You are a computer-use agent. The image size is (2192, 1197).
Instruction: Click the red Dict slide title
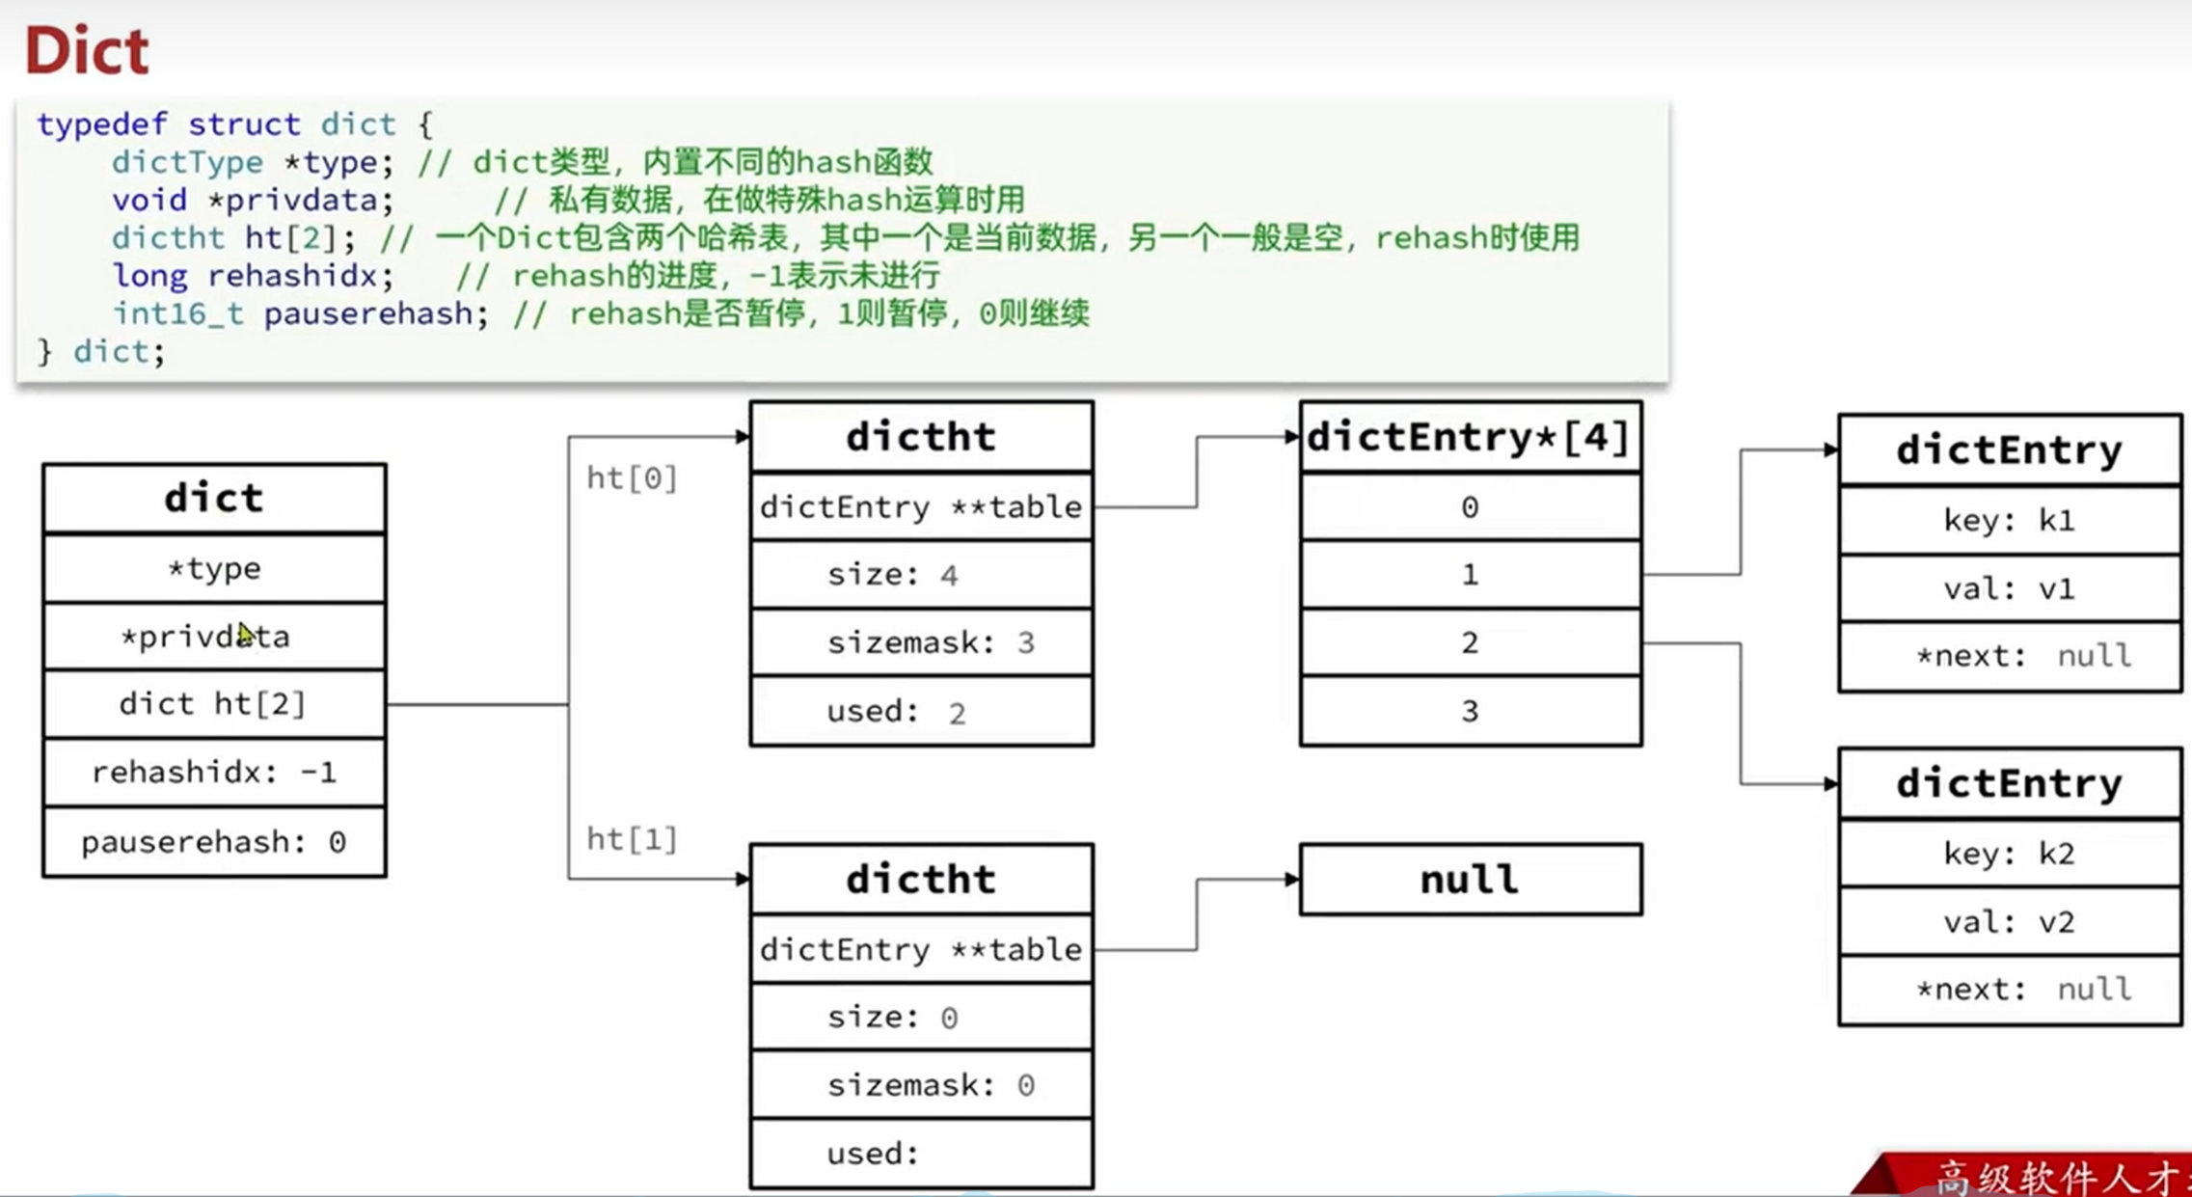[87, 50]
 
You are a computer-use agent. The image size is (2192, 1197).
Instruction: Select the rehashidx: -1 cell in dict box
[214, 773]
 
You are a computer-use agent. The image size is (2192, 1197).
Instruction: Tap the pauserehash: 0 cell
[214, 842]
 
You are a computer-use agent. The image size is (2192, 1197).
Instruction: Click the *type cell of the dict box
[214, 569]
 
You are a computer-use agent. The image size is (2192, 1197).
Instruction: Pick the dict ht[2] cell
[214, 704]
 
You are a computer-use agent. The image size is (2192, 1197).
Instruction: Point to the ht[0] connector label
[633, 478]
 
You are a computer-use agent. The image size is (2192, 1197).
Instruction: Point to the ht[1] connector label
[633, 839]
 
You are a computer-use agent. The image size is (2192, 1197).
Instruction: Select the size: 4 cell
[921, 576]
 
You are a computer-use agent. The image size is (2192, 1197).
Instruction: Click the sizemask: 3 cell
[921, 643]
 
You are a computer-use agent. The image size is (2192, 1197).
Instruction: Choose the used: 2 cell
[921, 712]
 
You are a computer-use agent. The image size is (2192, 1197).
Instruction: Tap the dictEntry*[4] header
[1470, 438]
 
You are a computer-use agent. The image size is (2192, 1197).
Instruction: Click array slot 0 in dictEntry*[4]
[1470, 507]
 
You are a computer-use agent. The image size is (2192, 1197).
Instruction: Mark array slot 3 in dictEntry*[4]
[1470, 712]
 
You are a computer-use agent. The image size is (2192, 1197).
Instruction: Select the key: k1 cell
[2009, 521]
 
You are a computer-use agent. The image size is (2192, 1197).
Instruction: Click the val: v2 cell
[2009, 922]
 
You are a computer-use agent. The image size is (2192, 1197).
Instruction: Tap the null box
[1470, 880]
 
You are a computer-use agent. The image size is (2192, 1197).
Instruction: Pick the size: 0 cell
[921, 1018]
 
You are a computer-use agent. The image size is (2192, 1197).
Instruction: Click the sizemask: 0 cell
[921, 1086]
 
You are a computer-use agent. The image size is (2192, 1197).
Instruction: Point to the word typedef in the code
[102, 124]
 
